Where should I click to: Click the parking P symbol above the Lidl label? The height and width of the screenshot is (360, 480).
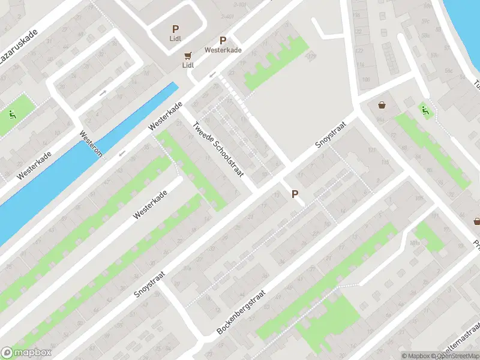click(175, 28)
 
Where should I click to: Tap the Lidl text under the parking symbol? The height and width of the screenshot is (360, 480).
click(175, 40)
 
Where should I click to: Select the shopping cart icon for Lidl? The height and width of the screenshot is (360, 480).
click(188, 54)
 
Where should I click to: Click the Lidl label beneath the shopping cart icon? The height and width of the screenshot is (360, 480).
click(188, 64)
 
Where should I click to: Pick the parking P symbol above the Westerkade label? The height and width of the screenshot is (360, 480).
click(223, 40)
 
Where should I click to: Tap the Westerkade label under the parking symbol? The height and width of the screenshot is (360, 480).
click(223, 50)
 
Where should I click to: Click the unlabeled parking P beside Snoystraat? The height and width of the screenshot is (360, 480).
click(295, 194)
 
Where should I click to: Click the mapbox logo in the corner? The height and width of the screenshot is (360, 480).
click(26, 353)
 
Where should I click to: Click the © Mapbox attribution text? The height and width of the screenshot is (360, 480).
click(415, 356)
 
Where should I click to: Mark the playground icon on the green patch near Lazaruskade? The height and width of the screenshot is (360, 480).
click(12, 113)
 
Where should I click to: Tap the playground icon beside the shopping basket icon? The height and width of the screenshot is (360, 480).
click(425, 109)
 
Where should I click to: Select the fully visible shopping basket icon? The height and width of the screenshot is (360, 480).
click(382, 106)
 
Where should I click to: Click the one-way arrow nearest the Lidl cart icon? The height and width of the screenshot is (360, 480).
click(212, 75)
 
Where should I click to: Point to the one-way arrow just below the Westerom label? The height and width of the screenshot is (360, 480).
click(122, 154)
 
